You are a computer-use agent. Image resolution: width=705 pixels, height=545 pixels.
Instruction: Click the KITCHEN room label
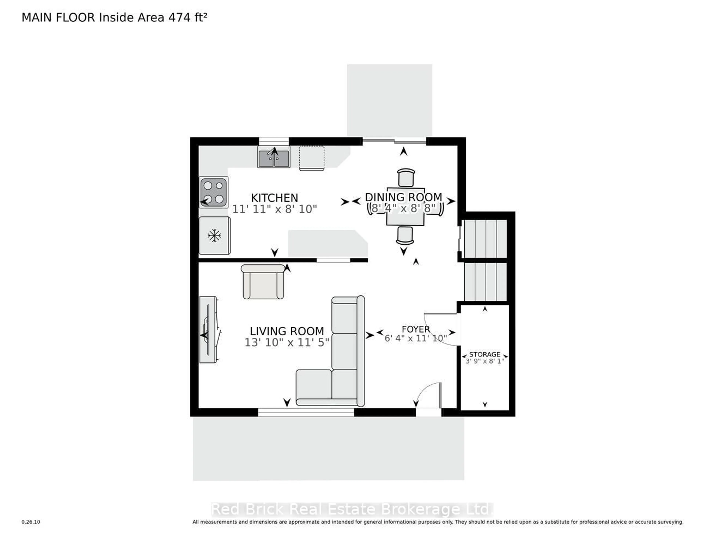click(x=274, y=198)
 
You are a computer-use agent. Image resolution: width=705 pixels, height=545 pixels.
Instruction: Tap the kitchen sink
click(x=274, y=157)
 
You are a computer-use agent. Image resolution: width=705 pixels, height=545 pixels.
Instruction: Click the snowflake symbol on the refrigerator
click(x=214, y=236)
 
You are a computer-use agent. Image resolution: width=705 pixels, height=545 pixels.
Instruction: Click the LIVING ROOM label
click(x=287, y=331)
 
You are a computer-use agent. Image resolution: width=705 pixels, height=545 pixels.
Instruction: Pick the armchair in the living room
click(x=263, y=282)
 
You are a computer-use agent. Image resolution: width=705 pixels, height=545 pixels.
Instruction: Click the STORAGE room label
click(x=485, y=354)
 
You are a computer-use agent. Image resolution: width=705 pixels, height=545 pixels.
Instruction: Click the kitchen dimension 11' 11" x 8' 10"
click(x=274, y=209)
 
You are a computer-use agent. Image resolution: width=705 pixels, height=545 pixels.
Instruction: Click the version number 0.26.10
click(x=31, y=522)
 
